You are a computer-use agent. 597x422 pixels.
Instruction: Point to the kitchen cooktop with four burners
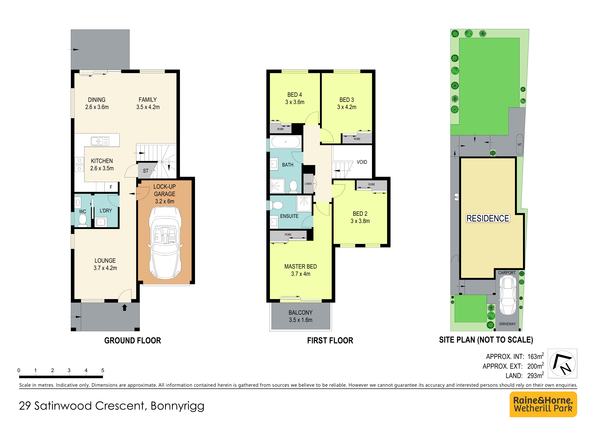79,164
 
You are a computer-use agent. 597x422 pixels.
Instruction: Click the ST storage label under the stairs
146,171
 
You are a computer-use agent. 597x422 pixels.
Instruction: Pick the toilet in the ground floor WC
83,220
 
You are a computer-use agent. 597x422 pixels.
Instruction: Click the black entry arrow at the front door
125,308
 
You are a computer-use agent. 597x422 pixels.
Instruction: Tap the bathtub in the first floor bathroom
285,142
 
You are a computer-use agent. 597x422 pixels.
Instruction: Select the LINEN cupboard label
308,184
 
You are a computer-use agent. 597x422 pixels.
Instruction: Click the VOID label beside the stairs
362,162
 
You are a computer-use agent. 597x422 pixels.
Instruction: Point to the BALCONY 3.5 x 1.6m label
301,316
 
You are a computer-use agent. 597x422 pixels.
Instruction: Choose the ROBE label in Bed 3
357,139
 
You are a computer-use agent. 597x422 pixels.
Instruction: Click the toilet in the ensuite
276,205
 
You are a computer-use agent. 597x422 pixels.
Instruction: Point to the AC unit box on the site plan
456,197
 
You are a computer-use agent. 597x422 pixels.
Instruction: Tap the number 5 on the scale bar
103,370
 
